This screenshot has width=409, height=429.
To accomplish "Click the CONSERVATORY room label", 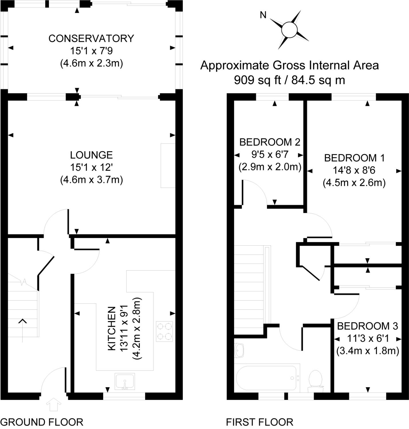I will [x=91, y=38].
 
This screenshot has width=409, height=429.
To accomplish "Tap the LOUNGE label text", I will [x=91, y=155].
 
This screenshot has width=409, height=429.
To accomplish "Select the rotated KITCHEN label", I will [x=112, y=328].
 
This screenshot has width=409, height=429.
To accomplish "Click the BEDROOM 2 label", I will [x=270, y=142].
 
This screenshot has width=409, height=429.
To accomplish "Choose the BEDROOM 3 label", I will [x=367, y=326].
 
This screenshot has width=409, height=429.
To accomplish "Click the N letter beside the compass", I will [x=263, y=15].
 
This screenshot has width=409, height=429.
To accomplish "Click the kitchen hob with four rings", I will [x=164, y=331].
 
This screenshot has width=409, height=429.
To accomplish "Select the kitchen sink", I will [x=125, y=381].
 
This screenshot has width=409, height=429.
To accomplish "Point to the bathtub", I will [x=266, y=378].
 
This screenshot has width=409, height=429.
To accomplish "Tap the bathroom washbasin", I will [x=239, y=350].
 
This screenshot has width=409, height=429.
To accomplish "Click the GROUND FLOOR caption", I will [x=42, y=422].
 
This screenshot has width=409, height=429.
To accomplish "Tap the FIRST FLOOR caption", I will [x=259, y=422].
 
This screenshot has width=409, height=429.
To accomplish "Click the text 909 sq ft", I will [x=257, y=80].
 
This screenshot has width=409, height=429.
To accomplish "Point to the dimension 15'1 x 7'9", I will [x=91, y=51].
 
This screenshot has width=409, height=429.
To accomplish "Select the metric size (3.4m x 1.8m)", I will [x=367, y=351].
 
